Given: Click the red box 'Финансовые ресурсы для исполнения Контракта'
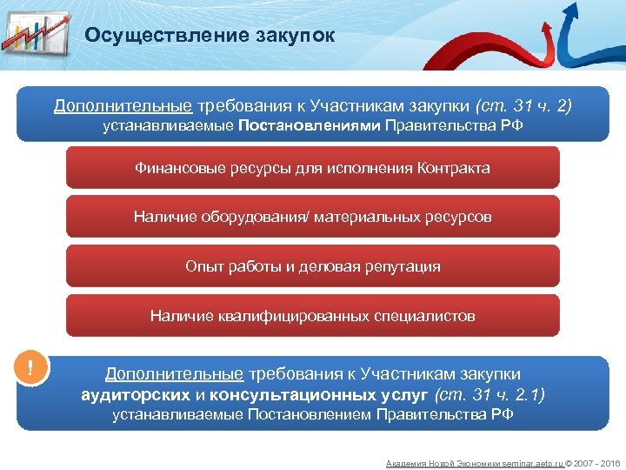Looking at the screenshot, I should pyautogui.click(x=312, y=168).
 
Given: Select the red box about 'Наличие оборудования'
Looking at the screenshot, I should pyautogui.click(x=312, y=217).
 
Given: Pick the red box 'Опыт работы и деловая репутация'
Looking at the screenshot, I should pyautogui.click(x=312, y=266).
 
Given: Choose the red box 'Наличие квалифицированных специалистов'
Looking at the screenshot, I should pyautogui.click(x=312, y=316).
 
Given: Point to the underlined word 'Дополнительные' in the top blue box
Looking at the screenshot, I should pyautogui.click(x=123, y=106).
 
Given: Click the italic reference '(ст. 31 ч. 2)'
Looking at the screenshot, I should pyautogui.click(x=523, y=106).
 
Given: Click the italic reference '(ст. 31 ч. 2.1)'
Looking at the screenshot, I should pyautogui.click(x=490, y=394).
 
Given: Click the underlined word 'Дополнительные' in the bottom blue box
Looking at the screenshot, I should pyautogui.click(x=174, y=374).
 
